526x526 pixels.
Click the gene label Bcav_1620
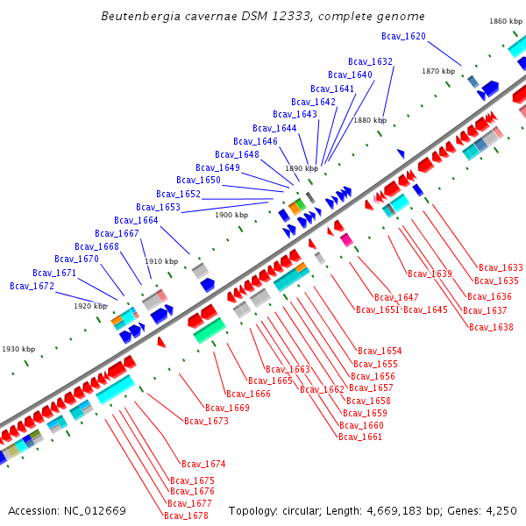[x=403, y=36]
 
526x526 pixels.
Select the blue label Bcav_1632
[x=370, y=61]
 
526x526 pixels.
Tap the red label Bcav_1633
[x=501, y=267]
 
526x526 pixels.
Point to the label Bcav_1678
[x=186, y=515]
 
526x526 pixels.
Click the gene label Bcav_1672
[x=32, y=286]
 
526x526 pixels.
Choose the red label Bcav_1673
[x=206, y=421]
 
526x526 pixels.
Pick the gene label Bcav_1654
[x=380, y=351]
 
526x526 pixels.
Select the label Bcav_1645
[x=425, y=309]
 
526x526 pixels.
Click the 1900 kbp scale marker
[x=231, y=215]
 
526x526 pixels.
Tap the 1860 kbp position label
[x=506, y=21]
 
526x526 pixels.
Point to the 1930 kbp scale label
[x=18, y=349]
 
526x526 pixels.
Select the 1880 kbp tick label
[x=369, y=120]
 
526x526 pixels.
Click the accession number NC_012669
[x=95, y=510]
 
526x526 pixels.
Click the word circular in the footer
[x=310, y=510]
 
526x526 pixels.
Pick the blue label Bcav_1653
[x=158, y=207]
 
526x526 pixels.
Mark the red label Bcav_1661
[x=360, y=437]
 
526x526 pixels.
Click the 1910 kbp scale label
[x=161, y=261]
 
